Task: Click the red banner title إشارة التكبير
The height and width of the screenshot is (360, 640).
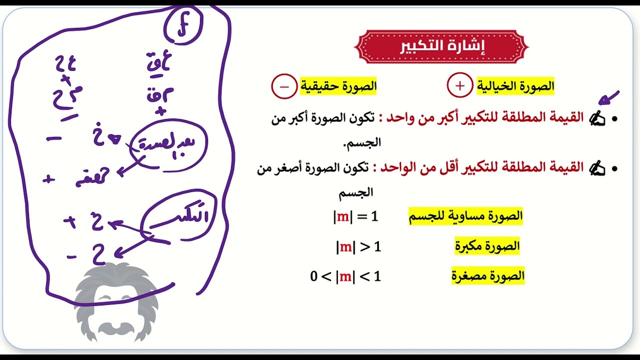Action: [x=441, y=46]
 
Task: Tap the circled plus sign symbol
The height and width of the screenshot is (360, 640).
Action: [x=459, y=86]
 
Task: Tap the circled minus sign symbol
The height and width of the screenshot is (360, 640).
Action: [x=283, y=86]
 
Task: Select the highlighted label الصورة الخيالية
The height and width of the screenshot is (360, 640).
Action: [x=515, y=86]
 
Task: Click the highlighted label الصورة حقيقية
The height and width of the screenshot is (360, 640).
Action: [x=338, y=86]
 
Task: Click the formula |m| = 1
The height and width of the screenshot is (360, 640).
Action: [x=356, y=216]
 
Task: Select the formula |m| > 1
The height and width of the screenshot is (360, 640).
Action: [x=358, y=246]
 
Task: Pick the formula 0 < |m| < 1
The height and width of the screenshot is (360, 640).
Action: [x=345, y=276]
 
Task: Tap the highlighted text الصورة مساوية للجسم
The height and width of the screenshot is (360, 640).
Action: [x=466, y=216]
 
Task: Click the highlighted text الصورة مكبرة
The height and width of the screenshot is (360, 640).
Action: [x=487, y=246]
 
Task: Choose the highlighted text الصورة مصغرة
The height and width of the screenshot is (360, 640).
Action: [x=487, y=275]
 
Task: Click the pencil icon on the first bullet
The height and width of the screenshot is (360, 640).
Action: [x=597, y=118]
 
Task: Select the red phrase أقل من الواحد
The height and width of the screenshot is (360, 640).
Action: [x=411, y=168]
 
